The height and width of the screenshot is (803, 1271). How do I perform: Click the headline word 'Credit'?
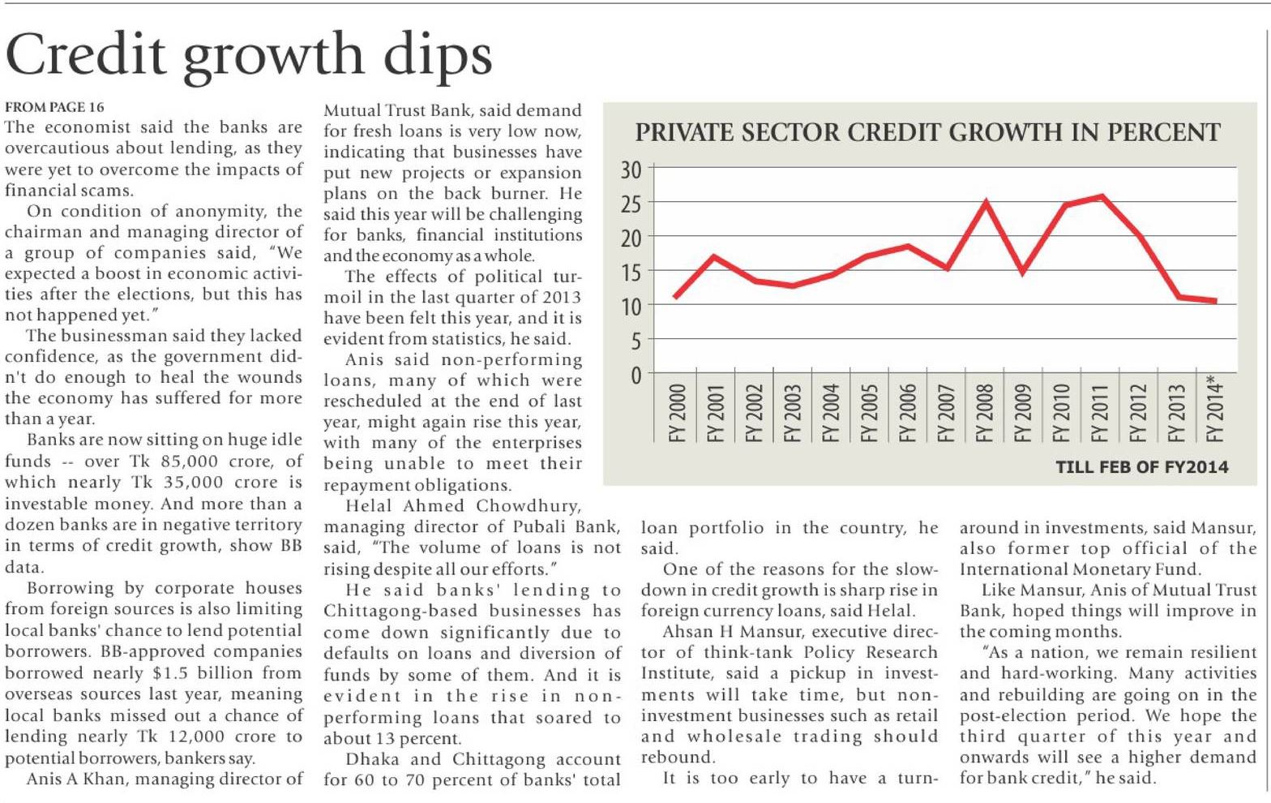coord(85,55)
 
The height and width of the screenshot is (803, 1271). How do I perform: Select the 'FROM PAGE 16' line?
coord(54,106)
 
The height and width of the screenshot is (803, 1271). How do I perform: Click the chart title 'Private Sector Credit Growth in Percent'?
coord(927,132)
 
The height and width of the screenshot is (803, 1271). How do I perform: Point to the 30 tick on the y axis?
coord(631,170)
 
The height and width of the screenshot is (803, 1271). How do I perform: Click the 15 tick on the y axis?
coord(631,273)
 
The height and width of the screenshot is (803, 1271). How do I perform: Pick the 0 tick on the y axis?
coord(635,376)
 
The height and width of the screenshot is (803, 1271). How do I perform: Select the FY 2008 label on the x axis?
coord(985,413)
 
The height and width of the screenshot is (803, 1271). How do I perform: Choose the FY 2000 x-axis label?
coord(678,413)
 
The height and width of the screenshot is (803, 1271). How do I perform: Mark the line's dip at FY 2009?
coord(1023,272)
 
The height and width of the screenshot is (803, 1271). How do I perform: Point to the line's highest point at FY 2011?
coord(1100,196)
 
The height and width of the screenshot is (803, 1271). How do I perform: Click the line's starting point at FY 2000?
coord(676,298)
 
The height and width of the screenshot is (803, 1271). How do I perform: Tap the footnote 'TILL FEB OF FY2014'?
coord(1141,467)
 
